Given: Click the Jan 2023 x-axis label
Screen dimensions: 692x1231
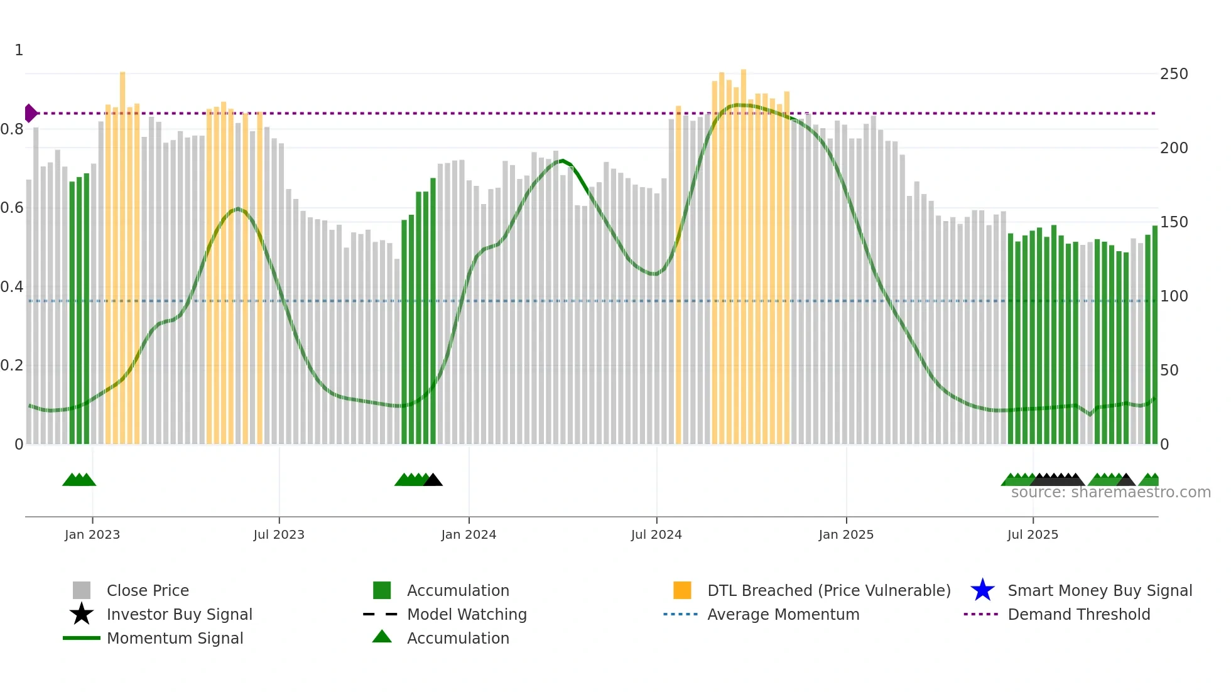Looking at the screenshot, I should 92,534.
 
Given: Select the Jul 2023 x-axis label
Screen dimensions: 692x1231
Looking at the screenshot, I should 279,534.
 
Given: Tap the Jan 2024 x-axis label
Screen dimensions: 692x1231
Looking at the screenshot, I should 469,534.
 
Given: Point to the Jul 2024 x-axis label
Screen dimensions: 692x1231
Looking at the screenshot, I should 656,534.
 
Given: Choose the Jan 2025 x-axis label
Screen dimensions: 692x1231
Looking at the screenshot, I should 846,534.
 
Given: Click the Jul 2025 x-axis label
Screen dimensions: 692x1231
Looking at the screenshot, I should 1033,534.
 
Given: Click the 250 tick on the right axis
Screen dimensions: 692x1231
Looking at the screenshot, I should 1174,74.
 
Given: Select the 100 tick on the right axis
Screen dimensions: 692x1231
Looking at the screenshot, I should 1174,296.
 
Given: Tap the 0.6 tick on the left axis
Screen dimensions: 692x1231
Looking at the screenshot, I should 12,208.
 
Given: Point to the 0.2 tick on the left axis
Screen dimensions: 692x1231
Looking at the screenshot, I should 12,365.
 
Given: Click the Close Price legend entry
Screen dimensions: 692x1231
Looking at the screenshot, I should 148,590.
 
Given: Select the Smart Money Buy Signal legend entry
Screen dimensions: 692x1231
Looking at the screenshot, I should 1099,590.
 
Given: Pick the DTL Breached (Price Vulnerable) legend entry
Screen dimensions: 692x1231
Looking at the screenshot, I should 828,590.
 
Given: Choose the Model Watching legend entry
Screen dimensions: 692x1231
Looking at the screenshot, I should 467,614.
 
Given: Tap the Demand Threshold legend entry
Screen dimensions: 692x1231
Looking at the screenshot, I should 1078,614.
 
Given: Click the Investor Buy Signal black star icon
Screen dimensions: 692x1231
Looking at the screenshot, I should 82,614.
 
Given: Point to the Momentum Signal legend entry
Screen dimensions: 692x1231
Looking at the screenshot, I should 175,638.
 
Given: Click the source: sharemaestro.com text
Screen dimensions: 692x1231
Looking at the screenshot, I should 1110,492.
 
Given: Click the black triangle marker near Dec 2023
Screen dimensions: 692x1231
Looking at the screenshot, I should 433,480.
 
